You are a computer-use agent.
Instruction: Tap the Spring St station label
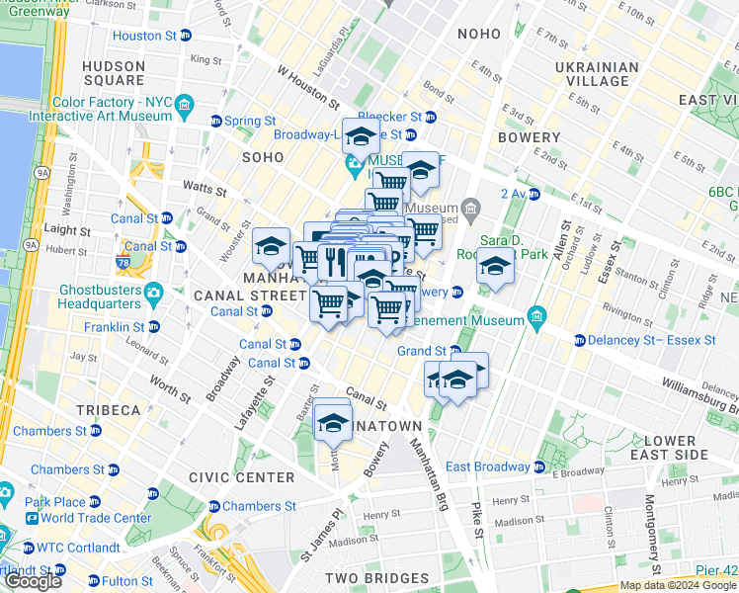[x=249, y=122]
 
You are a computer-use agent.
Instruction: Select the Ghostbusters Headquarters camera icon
[x=153, y=293]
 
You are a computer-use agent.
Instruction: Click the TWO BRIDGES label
[x=369, y=578]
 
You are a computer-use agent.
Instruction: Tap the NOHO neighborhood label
[x=479, y=35]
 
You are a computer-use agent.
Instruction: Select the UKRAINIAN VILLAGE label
[x=597, y=76]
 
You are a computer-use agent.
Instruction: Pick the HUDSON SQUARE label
[x=114, y=73]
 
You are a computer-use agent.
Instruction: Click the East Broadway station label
[x=488, y=466]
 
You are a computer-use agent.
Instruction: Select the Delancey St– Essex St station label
[x=654, y=340]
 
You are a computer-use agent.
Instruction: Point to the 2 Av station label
[x=514, y=194]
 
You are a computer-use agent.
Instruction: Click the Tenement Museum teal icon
[x=536, y=316]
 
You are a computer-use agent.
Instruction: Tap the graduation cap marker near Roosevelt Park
[x=495, y=266]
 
